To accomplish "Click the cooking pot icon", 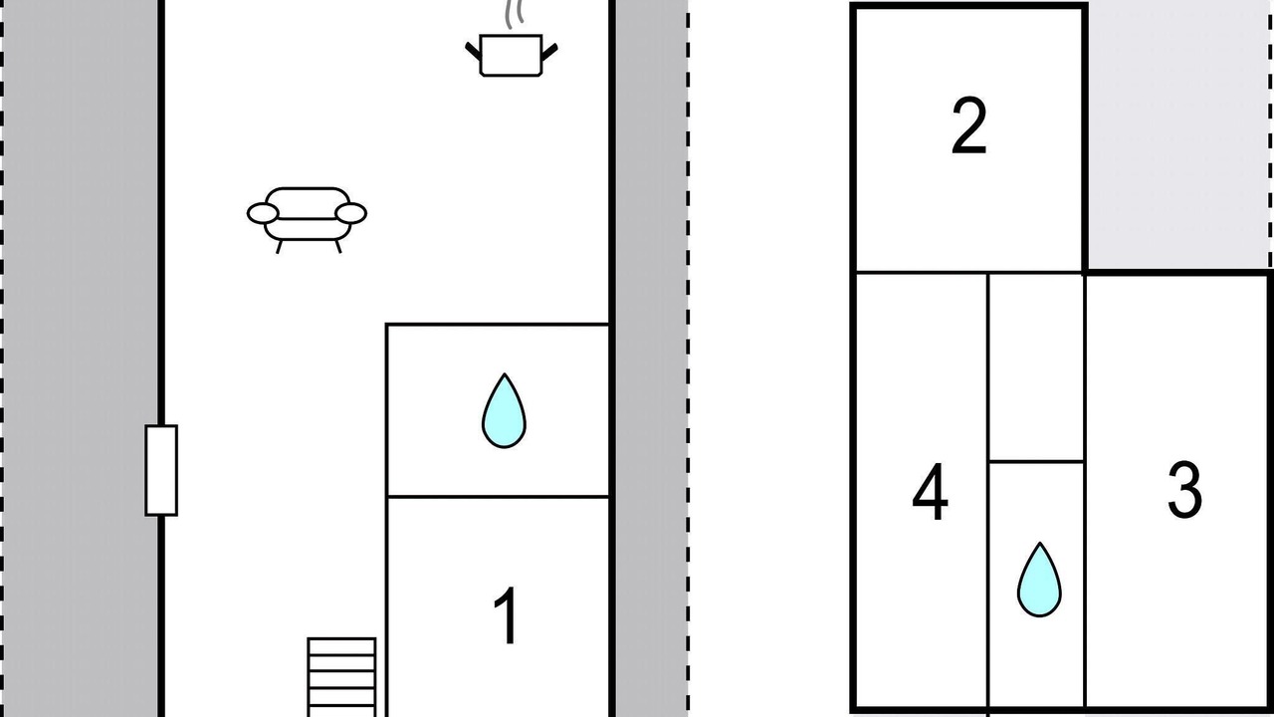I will pos(511,56).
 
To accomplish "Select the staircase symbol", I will pos(341,677).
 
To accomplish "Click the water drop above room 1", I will pos(504,410).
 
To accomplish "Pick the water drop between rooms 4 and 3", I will pos(1038,580).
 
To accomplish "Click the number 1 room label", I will pos(507,617).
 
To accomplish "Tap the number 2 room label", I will pos(968,126).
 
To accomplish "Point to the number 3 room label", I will pos(1183,490).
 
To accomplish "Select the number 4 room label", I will pos(930,495).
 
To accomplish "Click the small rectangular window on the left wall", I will pos(161,470).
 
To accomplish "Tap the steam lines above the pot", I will pos(514,15).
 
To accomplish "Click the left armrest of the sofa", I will pos(262,213).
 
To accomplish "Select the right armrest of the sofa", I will pos(351,213).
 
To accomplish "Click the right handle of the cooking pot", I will pos(549,49).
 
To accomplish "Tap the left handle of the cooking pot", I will pos(473,49).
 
